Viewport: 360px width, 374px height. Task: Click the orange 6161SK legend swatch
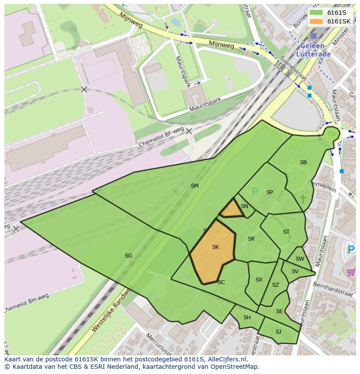coord(317,21)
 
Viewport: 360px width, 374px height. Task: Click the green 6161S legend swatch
coord(317,13)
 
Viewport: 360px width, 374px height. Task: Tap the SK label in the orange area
coord(215,247)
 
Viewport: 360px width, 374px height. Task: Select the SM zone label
coord(194,186)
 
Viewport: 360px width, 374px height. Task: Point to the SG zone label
coord(128,256)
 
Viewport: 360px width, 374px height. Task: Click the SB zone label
coord(303,162)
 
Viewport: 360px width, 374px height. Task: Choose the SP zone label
coord(270,192)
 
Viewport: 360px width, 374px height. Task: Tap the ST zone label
coord(286,232)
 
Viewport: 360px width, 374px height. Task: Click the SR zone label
coord(251,239)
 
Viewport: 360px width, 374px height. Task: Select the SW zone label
coord(300,259)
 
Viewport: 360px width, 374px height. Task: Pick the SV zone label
coord(295,271)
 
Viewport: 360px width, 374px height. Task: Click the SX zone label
coord(259,280)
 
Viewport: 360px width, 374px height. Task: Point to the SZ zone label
coord(275,285)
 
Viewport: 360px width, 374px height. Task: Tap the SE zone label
coord(279,311)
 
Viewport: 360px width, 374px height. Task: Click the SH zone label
coord(247,318)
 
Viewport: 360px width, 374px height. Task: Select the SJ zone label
coord(278,332)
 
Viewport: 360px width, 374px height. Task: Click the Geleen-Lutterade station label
coord(313,50)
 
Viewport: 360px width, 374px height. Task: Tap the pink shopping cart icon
coord(350,272)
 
